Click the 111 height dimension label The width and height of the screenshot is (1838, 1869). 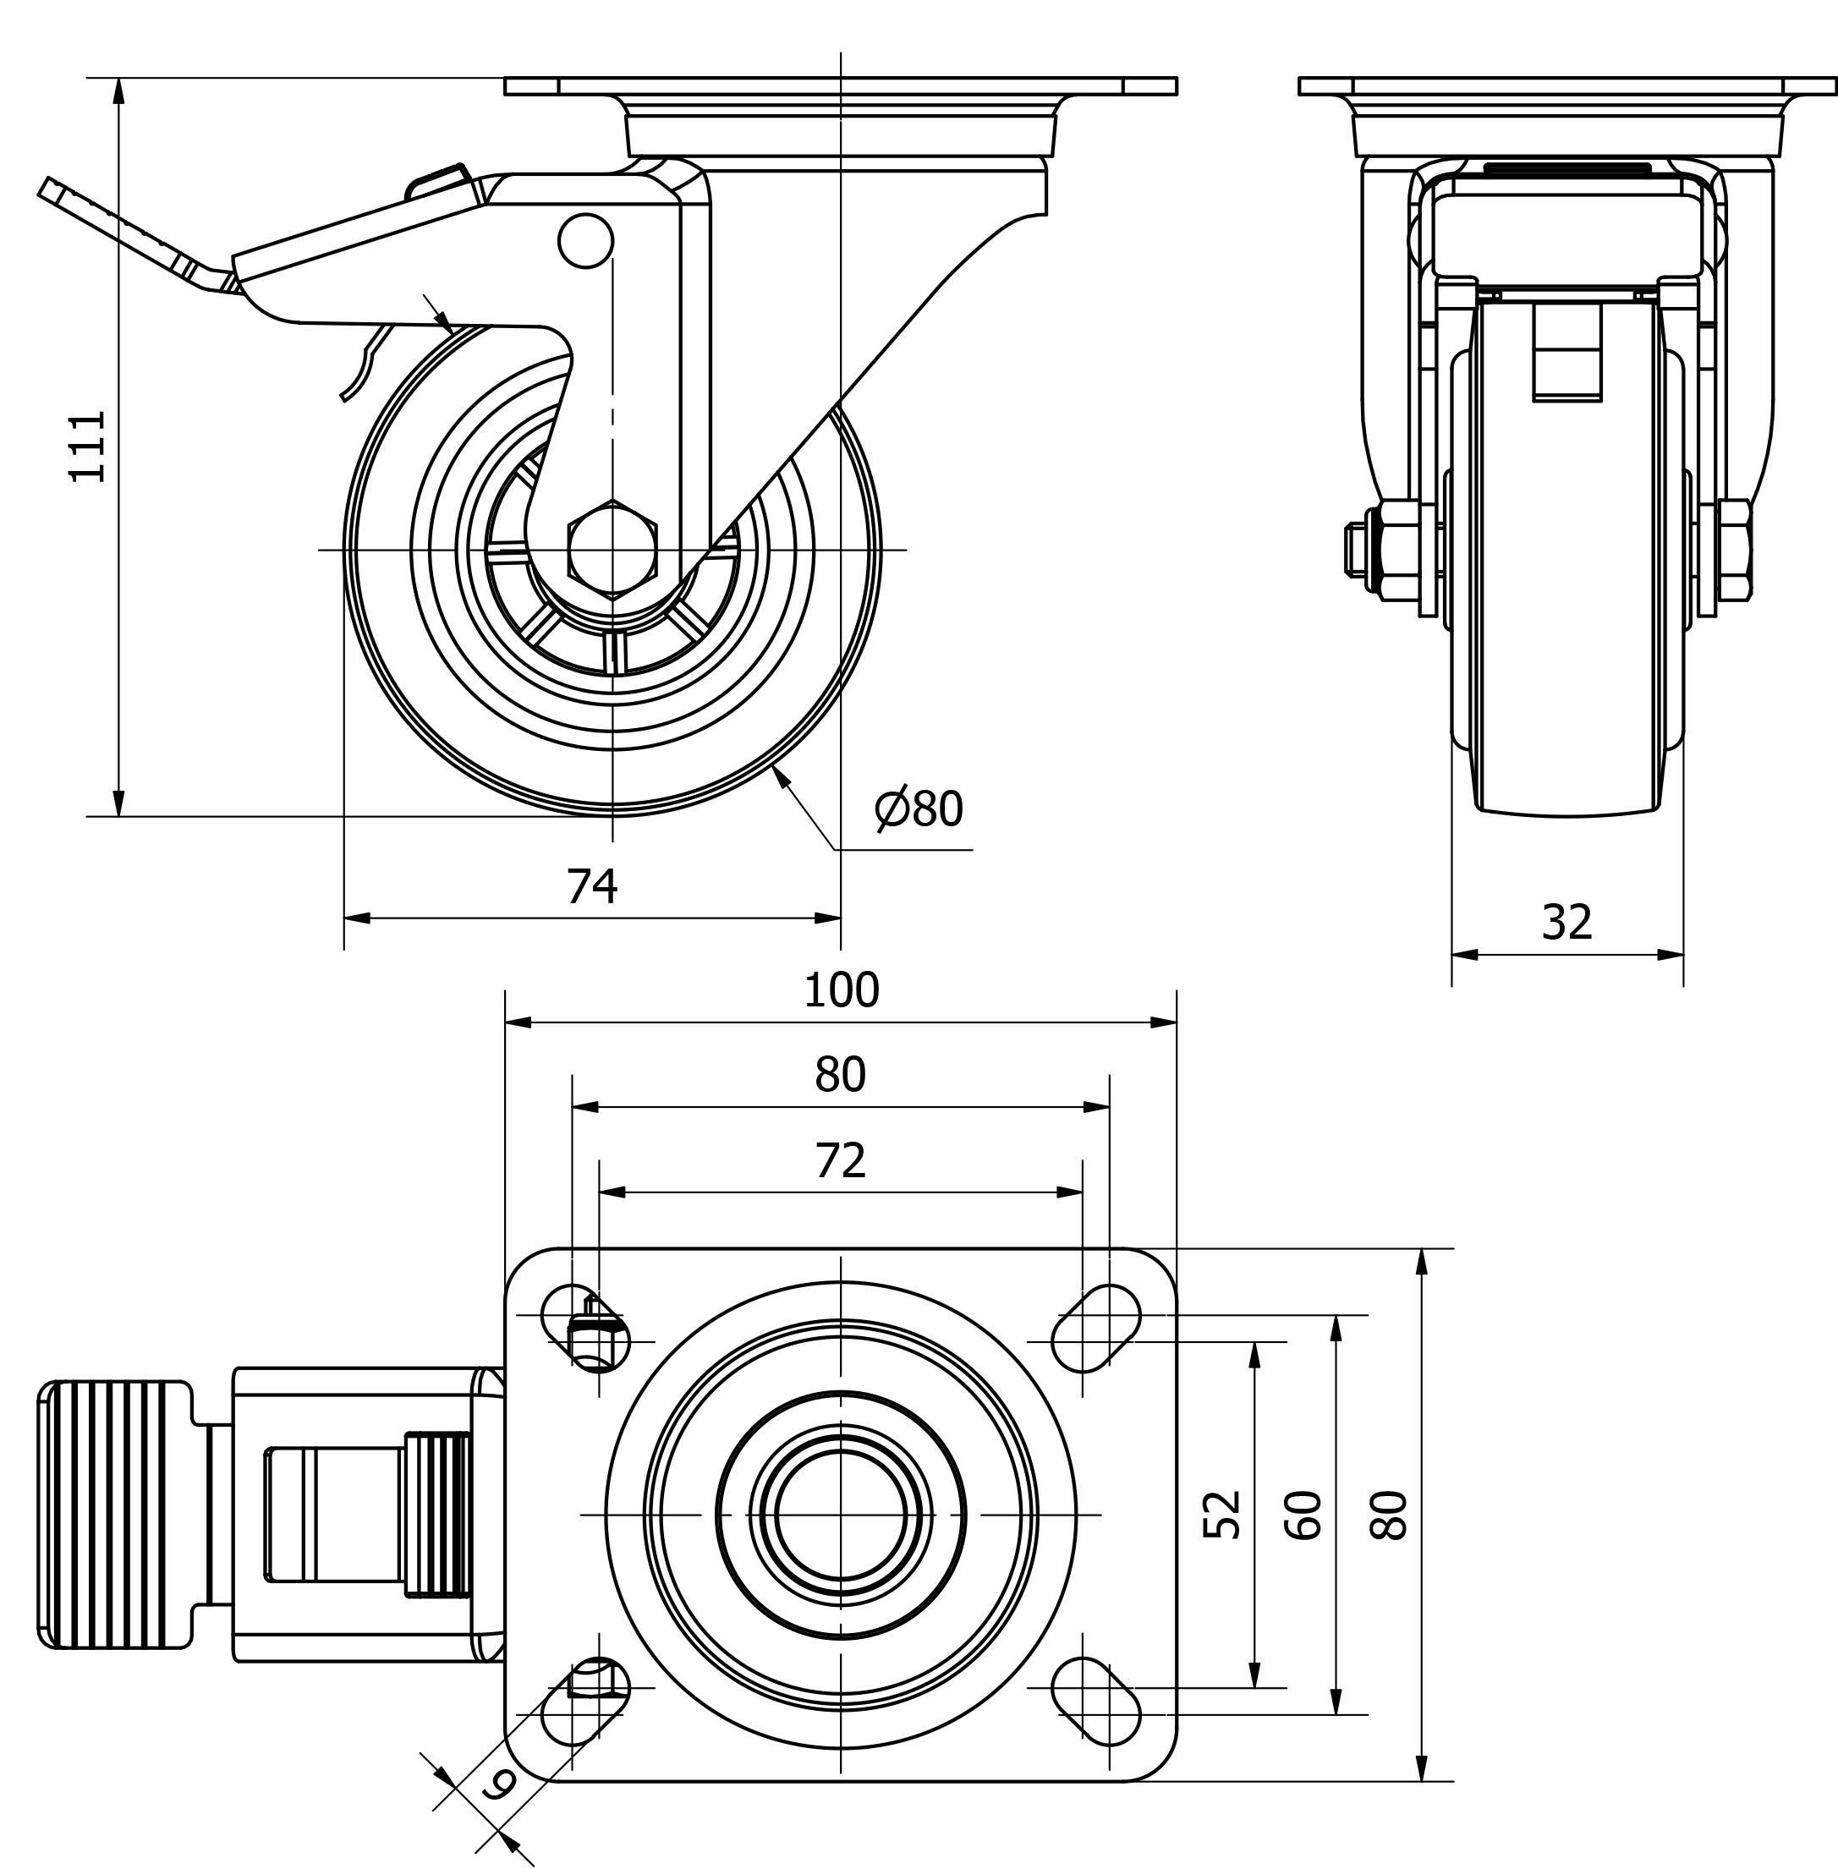point(88,445)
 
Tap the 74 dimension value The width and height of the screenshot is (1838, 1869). point(590,886)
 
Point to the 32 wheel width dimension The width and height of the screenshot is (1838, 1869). point(1566,923)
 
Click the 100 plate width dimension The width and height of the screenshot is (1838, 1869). point(841,990)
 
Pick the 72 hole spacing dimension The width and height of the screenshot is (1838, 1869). point(840,1161)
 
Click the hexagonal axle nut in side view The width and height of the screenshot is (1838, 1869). point(612,550)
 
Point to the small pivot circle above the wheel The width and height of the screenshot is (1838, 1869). point(585,240)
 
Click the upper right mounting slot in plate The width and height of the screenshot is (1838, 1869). point(1095,1329)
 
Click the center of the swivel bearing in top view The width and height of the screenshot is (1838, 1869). point(841,1515)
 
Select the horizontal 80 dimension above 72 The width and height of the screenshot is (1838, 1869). point(840,1076)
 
